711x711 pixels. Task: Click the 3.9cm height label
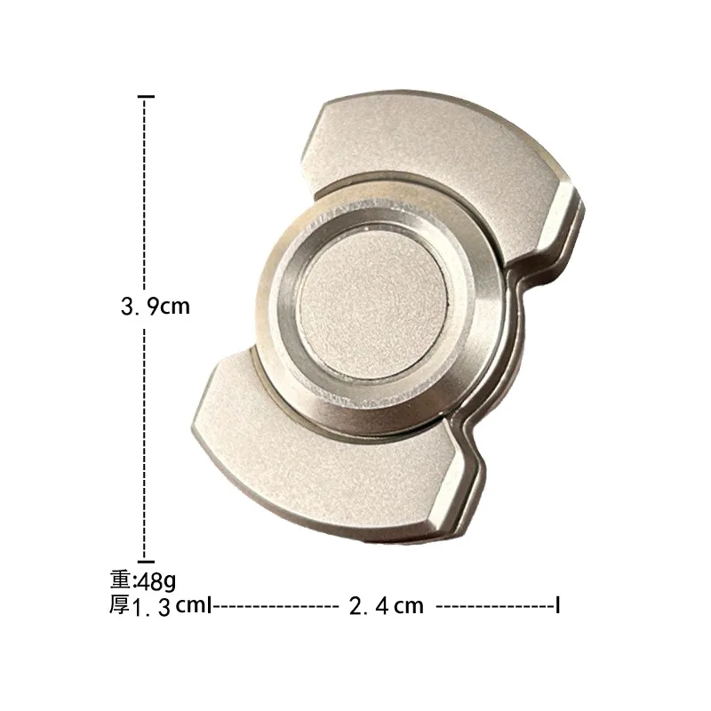point(156,307)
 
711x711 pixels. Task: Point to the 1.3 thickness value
point(151,608)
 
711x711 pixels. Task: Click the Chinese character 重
point(120,580)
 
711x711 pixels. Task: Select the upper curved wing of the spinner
point(427,147)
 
